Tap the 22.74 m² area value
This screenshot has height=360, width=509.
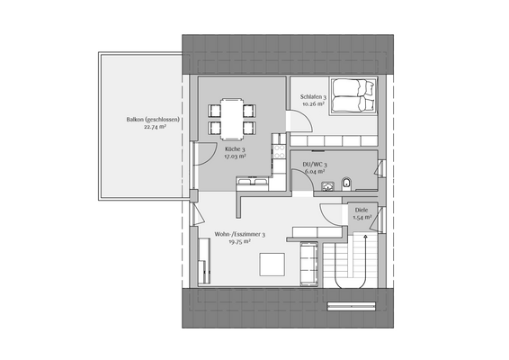(x=155, y=127)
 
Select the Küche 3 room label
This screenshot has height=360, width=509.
(x=236, y=148)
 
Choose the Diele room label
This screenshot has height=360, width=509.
(x=362, y=211)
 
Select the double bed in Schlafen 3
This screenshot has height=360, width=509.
(x=352, y=96)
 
